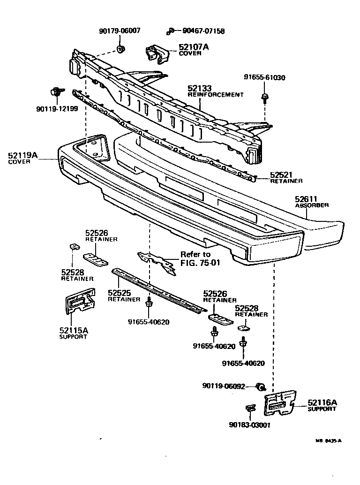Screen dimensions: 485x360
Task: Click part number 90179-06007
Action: [119, 31]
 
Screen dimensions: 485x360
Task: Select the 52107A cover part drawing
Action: [157, 54]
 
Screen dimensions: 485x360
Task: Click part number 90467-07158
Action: [200, 31]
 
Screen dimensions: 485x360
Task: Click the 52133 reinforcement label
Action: [215, 91]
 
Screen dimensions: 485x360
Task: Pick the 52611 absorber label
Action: [311, 202]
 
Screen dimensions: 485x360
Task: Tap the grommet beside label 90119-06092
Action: [262, 386]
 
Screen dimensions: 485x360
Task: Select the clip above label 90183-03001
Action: [251, 409]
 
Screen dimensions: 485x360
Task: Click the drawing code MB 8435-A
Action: [328, 440]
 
